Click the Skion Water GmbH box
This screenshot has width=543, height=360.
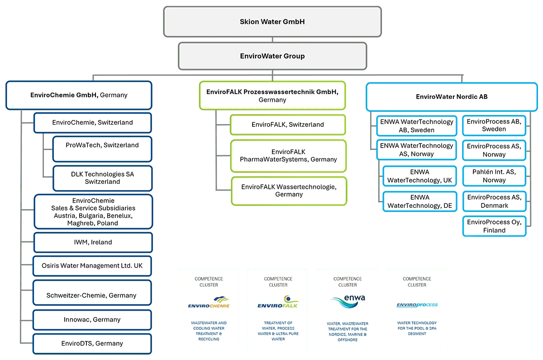(272, 21)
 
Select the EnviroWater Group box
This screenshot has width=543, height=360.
(272, 56)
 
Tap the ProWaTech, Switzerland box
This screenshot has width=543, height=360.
(102, 149)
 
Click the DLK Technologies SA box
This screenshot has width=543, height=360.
(102, 178)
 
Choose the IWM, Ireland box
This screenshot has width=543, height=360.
(93, 242)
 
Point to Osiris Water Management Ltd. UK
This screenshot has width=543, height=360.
(92, 266)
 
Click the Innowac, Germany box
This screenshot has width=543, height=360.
(92, 320)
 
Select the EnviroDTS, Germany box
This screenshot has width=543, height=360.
(92, 343)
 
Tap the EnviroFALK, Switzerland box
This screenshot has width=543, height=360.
(288, 125)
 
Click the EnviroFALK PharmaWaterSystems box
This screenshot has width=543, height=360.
(288, 156)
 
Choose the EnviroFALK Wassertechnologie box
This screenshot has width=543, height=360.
(288, 191)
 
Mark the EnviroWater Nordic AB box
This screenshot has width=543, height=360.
(452, 96)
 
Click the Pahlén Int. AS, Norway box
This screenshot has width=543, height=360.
(494, 176)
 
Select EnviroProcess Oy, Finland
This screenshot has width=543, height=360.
(494, 226)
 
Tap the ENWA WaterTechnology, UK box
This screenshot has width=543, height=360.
(419, 176)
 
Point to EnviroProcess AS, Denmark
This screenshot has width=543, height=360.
(494, 201)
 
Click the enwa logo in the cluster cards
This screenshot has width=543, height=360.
(348, 301)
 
